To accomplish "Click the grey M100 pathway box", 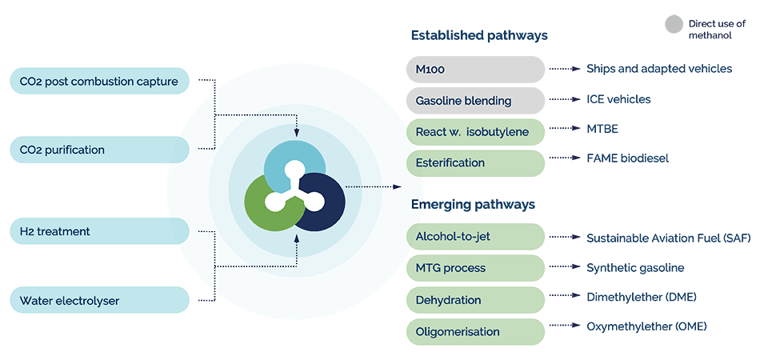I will (x=475, y=70).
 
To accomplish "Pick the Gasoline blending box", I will (x=475, y=100).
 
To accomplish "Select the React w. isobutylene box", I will (x=475, y=131).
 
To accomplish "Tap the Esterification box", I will (x=475, y=162).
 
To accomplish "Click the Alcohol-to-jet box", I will (x=475, y=237).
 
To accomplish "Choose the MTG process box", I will (x=475, y=268).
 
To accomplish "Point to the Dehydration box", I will (x=475, y=299).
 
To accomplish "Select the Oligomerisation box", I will (x=475, y=330).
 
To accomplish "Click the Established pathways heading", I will (x=479, y=36).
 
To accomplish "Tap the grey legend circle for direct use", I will (x=674, y=24).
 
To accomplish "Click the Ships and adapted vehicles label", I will (x=658, y=69).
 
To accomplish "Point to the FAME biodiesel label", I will (x=627, y=158).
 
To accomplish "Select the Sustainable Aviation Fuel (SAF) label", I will (x=668, y=238).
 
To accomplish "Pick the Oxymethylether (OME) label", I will (x=646, y=326).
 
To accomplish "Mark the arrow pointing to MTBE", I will (x=565, y=128).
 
